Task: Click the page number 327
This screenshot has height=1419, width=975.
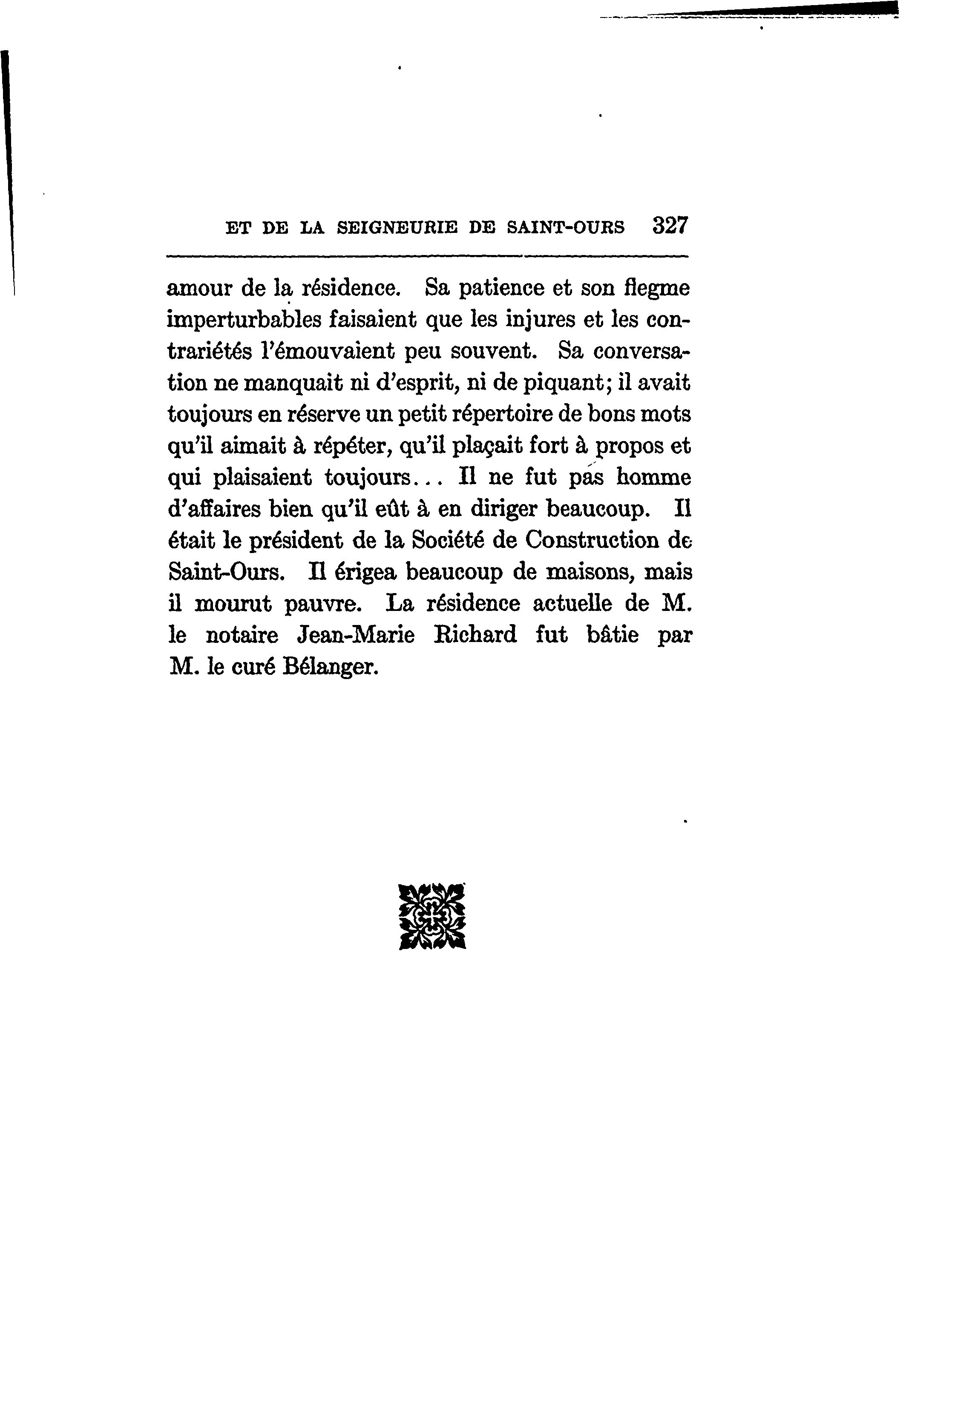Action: click(670, 226)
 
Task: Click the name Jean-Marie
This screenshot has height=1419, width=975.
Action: click(355, 636)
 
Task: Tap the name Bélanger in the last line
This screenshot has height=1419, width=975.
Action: click(331, 668)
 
